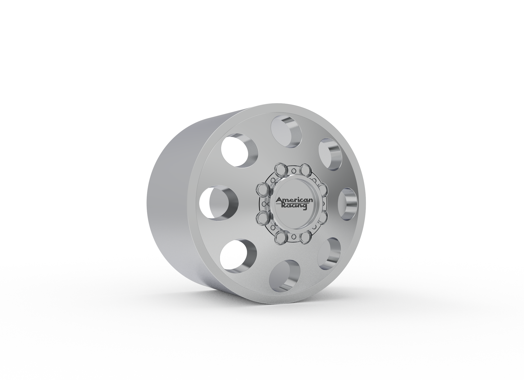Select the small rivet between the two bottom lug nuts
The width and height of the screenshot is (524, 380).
tap(293, 237)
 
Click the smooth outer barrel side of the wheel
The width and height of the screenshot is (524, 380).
tap(172, 204)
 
